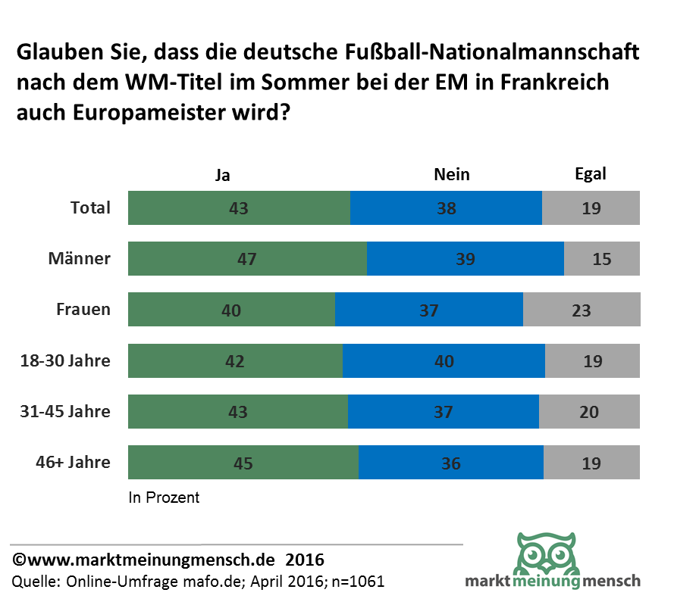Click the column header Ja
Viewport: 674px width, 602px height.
[x=222, y=175]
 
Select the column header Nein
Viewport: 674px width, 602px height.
[x=452, y=175]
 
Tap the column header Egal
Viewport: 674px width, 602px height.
[x=591, y=174]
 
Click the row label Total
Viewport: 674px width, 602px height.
[x=90, y=208]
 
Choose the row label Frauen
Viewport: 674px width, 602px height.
[x=83, y=310]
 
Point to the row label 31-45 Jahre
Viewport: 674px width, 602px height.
[x=65, y=412]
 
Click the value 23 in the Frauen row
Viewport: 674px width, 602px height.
[x=582, y=310]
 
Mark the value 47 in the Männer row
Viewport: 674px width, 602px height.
[x=247, y=259]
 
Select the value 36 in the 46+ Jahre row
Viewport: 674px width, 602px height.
[x=451, y=463]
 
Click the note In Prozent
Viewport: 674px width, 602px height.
[x=164, y=498]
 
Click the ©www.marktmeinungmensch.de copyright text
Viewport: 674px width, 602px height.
[x=144, y=561]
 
